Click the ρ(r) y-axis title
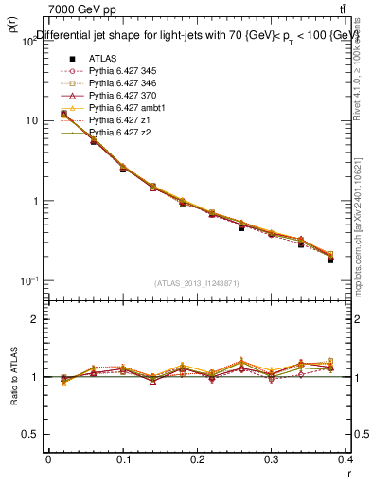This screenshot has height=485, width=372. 10,28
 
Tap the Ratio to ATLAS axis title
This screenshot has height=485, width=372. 12,379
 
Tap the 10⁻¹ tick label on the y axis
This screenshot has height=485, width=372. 28,281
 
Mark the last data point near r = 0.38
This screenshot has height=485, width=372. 330,260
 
